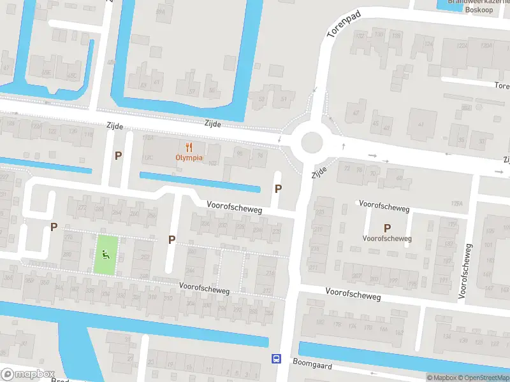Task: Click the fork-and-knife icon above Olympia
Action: point(189,146)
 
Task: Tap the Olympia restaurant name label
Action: point(189,157)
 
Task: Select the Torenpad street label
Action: point(343,24)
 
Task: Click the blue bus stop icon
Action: point(276,359)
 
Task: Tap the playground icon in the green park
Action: point(106,255)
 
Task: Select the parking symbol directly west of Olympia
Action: point(118,155)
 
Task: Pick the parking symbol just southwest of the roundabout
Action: point(278,188)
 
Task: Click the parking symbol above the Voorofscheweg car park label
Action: point(387,228)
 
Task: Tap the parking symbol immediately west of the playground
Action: point(54,227)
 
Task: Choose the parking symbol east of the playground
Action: point(171,239)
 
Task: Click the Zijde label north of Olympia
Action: point(213,124)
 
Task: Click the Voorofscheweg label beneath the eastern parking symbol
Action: point(387,239)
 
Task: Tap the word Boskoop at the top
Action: point(479,10)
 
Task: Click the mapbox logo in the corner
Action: point(28,374)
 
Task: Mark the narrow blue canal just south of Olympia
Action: point(200,181)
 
